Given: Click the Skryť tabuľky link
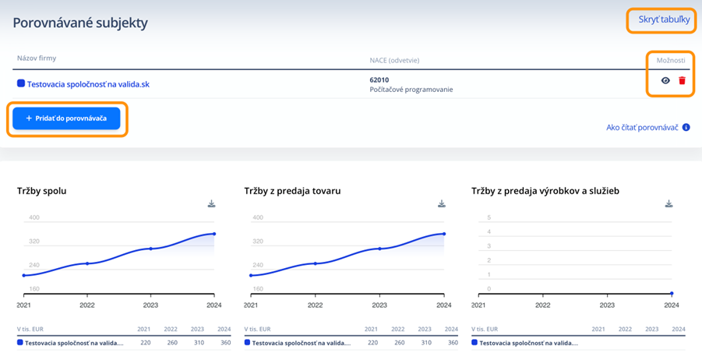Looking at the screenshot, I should click(x=663, y=19).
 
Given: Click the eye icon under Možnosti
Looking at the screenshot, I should click(x=665, y=80).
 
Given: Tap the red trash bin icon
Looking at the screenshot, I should click(x=683, y=80).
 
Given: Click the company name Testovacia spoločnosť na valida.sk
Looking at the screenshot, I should click(x=87, y=83).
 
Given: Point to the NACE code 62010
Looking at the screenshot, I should click(x=379, y=79).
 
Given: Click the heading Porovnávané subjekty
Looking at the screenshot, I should click(x=80, y=23).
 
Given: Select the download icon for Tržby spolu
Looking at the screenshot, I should click(x=211, y=204).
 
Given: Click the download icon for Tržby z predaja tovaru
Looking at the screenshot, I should click(x=442, y=204).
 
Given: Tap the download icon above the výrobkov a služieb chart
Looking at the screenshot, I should click(x=668, y=204).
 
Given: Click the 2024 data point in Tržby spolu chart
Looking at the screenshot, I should click(x=213, y=234).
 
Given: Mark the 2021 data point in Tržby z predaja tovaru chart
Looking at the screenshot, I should click(x=250, y=275).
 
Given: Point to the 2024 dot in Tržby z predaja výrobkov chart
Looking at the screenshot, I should click(x=672, y=294).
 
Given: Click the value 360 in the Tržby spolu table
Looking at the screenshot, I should click(x=224, y=342).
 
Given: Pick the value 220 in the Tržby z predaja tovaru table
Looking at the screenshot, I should click(x=372, y=342).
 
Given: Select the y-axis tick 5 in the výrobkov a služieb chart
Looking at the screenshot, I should click(x=489, y=217).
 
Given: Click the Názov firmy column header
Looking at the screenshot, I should click(x=37, y=58).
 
